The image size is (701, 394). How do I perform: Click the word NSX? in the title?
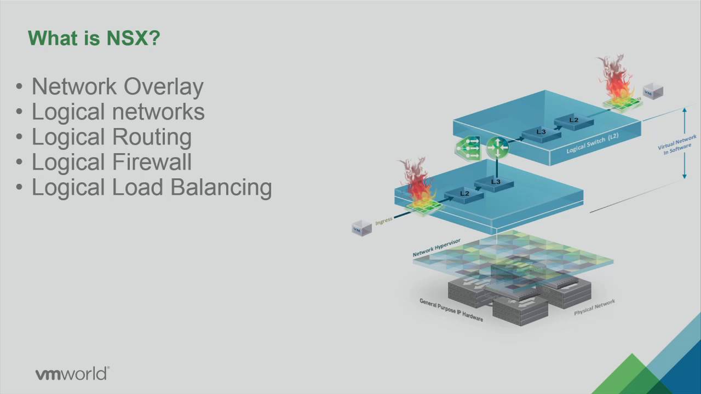click(x=133, y=38)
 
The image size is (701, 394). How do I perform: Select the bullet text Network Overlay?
click(x=118, y=87)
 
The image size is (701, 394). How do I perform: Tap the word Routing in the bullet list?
click(x=152, y=137)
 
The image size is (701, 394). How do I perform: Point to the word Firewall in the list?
click(x=152, y=161)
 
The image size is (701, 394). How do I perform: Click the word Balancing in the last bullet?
click(x=221, y=188)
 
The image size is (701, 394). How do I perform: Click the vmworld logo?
click(x=72, y=374)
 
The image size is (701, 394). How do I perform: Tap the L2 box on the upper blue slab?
click(x=574, y=121)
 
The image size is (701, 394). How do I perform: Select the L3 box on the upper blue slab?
click(x=541, y=134)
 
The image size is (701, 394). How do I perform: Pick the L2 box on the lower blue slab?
click(x=464, y=196)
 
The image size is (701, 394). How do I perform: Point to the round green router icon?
click(x=498, y=147)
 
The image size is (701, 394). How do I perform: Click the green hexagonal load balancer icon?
click(x=468, y=148)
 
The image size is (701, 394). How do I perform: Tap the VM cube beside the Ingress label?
click(x=362, y=228)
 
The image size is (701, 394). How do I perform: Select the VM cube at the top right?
click(x=653, y=91)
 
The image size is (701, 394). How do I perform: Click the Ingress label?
click(x=384, y=221)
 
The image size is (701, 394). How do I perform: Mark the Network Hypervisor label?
click(x=436, y=248)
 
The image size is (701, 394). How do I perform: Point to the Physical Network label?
click(x=594, y=307)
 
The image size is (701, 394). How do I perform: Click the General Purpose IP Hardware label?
click(x=451, y=310)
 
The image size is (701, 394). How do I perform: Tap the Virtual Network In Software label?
click(x=676, y=144)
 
